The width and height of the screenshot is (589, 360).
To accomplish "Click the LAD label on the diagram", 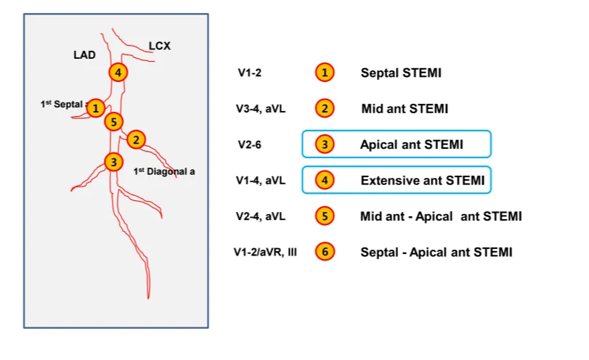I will point(84,54).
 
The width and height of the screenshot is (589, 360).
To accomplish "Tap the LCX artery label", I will point(160,46).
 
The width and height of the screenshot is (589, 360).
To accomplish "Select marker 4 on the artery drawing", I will point(118,72).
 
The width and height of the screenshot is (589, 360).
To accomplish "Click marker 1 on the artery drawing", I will point(95,109).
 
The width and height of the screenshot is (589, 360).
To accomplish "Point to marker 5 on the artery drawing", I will point(113,121).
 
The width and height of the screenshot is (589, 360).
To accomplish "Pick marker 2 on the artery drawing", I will point(136,139).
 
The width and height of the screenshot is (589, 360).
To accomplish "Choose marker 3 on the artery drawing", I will point(113,161).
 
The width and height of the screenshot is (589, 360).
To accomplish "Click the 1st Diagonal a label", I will point(165,172).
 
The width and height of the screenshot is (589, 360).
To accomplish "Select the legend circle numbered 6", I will point(325,252).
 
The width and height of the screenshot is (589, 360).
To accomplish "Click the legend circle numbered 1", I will point(325,73).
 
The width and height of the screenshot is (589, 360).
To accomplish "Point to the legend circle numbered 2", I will point(325,109).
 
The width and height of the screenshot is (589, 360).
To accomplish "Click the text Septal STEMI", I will point(401,73).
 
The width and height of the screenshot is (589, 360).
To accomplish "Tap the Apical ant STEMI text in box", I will point(411,144).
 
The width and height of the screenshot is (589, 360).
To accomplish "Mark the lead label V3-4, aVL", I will point(261,109).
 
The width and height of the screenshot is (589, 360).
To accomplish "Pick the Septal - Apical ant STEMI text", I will point(436,252).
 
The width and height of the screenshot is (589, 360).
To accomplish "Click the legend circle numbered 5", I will point(325,216).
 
